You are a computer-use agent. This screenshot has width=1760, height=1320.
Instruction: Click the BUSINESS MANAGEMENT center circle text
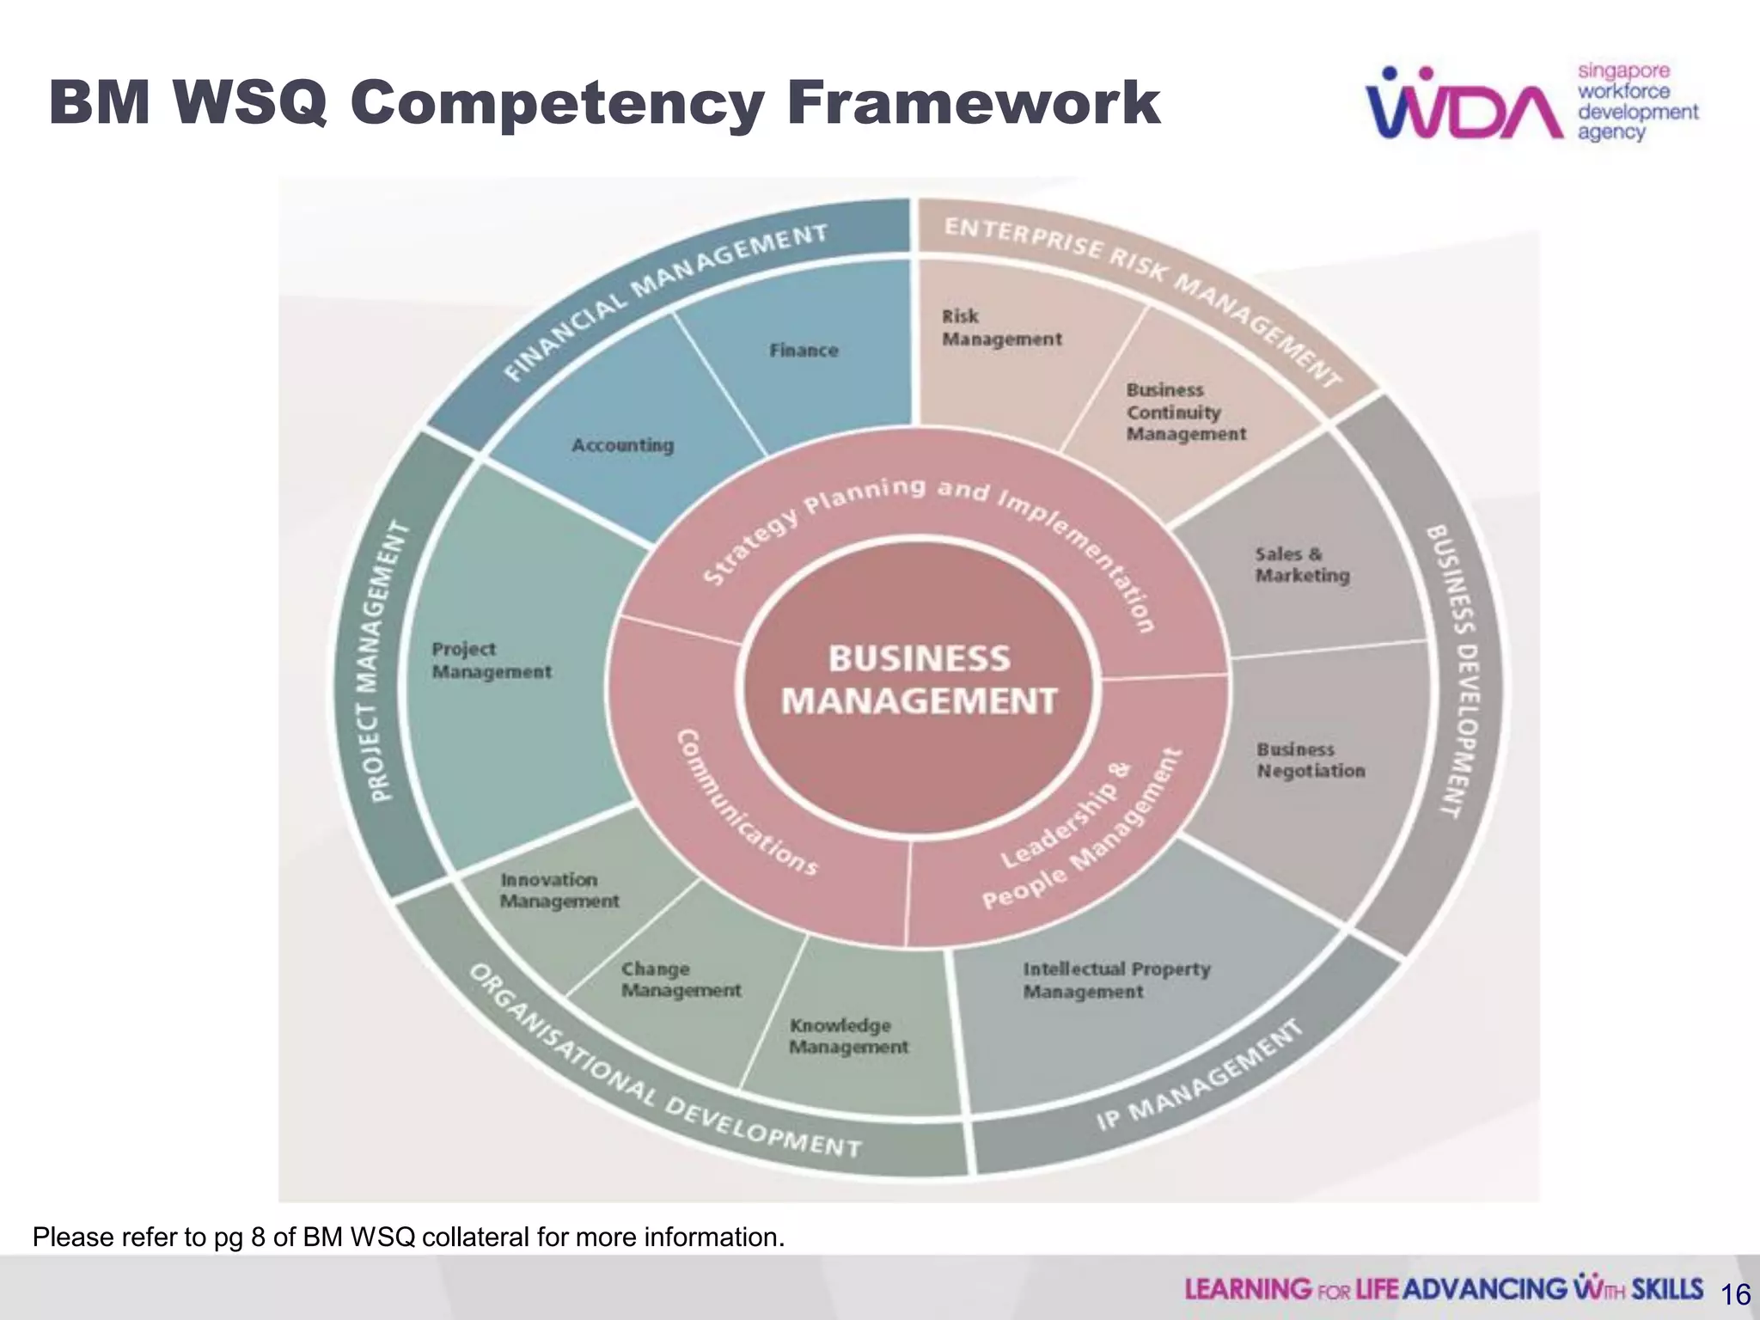point(919,680)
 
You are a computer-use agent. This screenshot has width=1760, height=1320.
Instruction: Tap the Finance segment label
point(804,351)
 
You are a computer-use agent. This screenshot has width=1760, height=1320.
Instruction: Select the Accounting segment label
point(622,445)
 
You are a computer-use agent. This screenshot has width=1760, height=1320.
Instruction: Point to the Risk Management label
point(1001,328)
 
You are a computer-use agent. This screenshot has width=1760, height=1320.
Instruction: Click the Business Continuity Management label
point(1185,412)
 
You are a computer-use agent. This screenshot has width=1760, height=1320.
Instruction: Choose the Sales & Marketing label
point(1301,565)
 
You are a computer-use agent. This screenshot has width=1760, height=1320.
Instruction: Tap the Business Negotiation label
point(1310,761)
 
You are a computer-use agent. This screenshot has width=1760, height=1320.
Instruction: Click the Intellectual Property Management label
point(1115,981)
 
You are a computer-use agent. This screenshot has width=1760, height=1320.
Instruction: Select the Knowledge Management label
point(847,1036)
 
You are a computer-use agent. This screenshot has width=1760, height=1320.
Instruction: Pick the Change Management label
point(680,980)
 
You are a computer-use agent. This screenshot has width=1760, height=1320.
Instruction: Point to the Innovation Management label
point(559,890)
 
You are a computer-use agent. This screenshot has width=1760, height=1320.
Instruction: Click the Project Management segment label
point(491,661)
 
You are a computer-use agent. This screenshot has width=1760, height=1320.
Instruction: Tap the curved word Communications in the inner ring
point(744,804)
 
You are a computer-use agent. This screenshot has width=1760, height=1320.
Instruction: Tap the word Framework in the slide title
point(973,103)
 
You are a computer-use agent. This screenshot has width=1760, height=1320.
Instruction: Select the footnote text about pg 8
point(408,1237)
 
